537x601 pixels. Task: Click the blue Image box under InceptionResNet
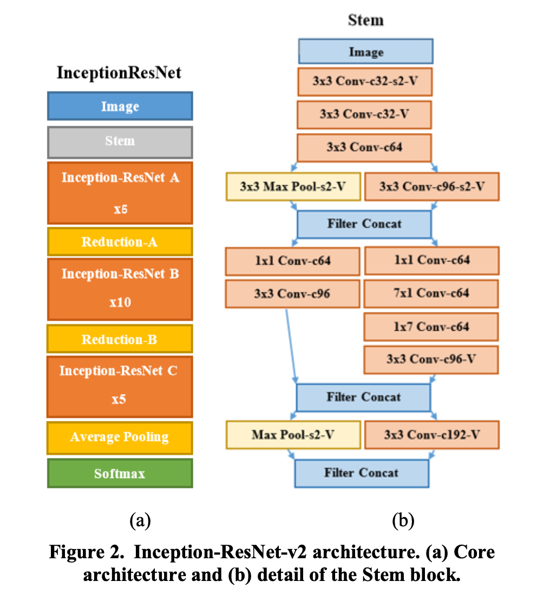(x=120, y=106)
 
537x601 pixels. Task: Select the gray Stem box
(x=120, y=141)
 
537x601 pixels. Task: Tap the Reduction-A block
(x=120, y=241)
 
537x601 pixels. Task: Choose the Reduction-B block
(x=120, y=339)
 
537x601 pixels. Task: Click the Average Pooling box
(x=120, y=437)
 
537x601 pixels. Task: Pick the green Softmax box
(x=120, y=473)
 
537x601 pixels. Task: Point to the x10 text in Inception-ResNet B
(x=120, y=302)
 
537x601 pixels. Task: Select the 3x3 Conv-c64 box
(x=364, y=147)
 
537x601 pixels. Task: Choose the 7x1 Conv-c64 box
(x=431, y=293)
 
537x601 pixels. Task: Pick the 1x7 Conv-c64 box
(x=431, y=326)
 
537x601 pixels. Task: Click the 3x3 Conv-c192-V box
(x=431, y=435)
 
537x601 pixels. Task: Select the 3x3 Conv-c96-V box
(x=431, y=359)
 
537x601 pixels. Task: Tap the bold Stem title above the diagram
(x=365, y=21)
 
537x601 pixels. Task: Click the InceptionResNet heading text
(x=119, y=73)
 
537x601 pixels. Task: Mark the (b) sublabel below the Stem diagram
(x=403, y=521)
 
